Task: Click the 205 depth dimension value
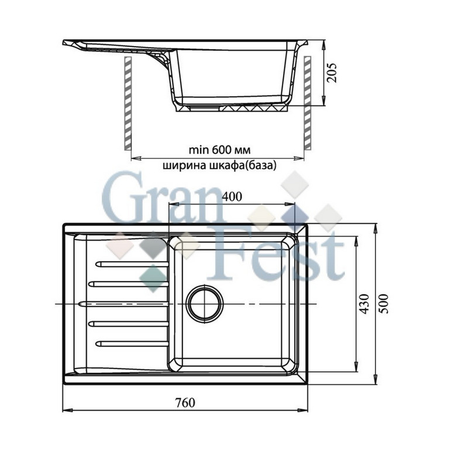pyautogui.click(x=332, y=72)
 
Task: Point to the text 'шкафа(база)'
pyautogui.click(x=243, y=165)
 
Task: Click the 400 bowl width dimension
pyautogui.click(x=232, y=197)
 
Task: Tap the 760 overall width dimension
pyautogui.click(x=185, y=402)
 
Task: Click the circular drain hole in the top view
pyautogui.click(x=205, y=303)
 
